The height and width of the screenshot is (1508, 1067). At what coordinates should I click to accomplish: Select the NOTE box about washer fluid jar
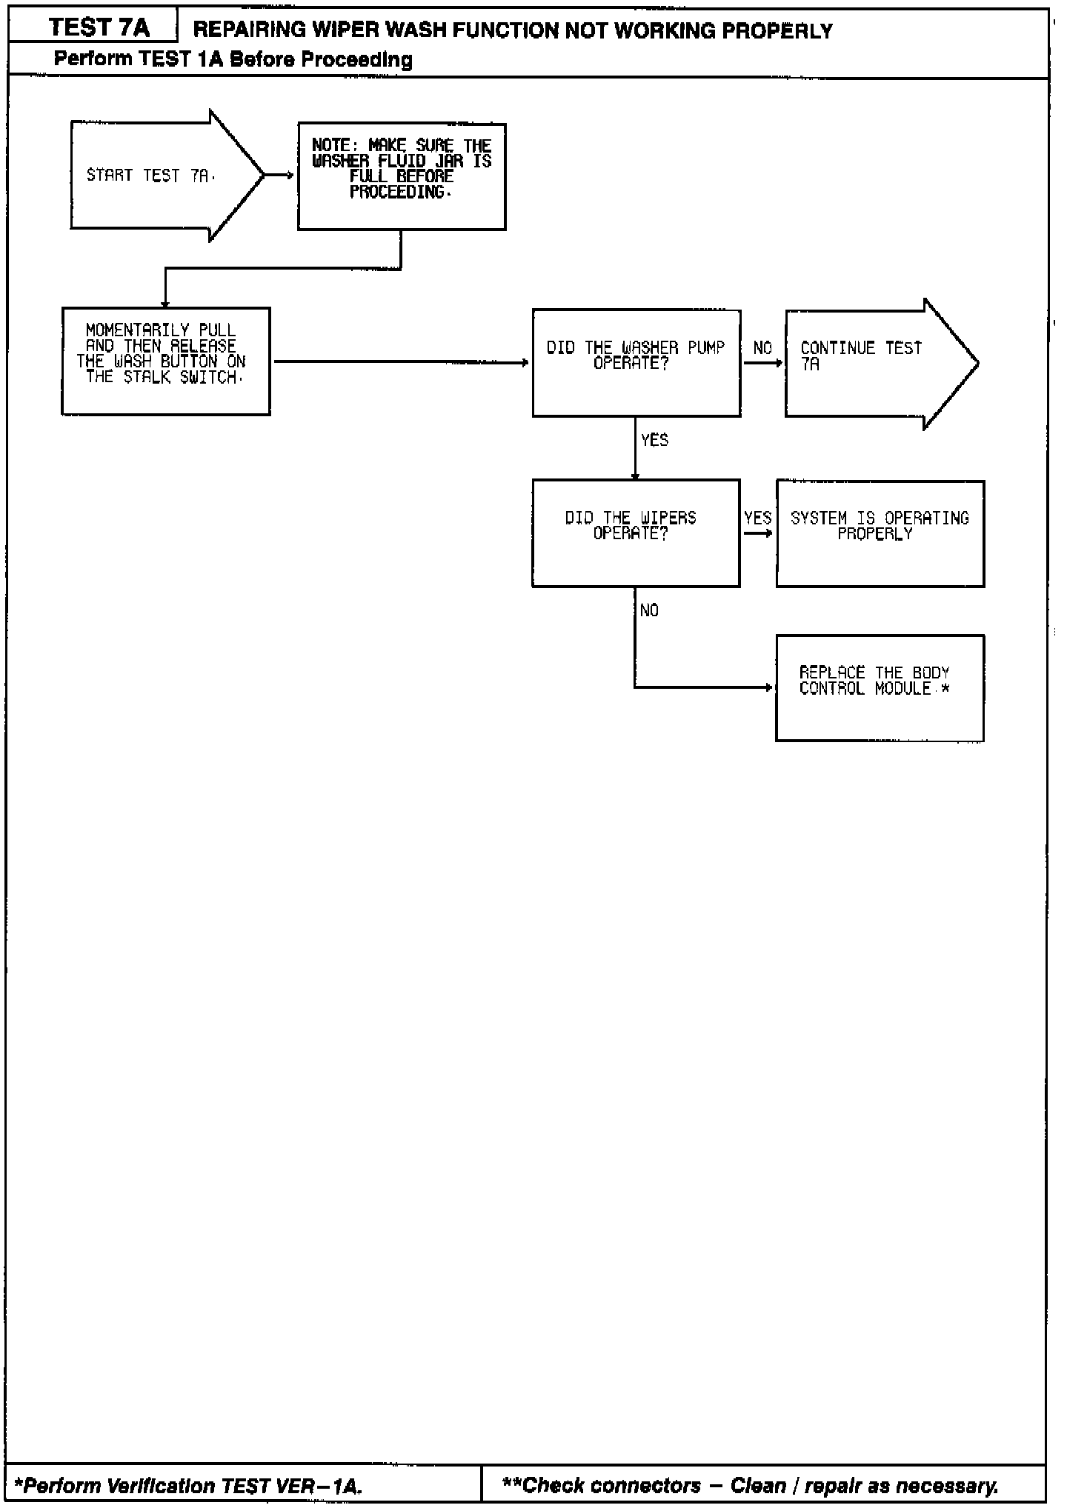(402, 176)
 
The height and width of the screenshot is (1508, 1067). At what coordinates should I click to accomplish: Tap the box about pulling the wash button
(165, 361)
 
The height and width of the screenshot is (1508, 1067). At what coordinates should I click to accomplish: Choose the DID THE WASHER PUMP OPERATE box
(636, 363)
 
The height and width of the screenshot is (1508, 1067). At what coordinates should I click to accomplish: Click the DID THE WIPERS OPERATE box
(635, 533)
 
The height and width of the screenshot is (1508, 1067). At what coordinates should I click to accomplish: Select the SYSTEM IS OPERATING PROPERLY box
(880, 533)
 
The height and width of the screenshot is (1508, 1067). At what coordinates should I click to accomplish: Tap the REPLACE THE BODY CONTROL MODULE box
(880, 687)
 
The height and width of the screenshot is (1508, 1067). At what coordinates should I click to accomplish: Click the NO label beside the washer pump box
(762, 348)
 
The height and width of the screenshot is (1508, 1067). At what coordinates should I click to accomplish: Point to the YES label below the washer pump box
(654, 441)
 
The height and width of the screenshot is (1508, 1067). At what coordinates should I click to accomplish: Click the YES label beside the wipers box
(757, 518)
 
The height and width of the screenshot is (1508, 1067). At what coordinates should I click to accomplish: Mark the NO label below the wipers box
(649, 610)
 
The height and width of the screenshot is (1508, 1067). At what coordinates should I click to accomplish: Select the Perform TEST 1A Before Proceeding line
(233, 59)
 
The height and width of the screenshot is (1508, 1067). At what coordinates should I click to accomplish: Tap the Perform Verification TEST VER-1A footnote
(188, 1486)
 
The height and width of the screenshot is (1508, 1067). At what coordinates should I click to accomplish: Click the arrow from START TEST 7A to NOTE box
(280, 176)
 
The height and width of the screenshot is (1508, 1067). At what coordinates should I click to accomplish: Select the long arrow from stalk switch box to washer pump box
(400, 362)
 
